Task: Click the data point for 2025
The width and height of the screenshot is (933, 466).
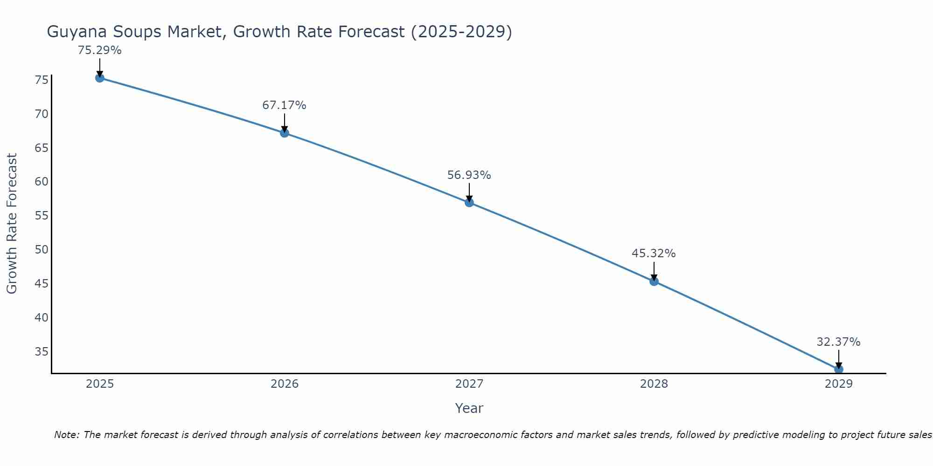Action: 100,78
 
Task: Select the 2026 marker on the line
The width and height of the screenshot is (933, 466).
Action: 285,133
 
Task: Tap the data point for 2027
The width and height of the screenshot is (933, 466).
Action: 469,202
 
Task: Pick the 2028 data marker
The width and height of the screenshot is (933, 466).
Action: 654,281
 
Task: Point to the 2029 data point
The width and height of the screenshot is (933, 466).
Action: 838,369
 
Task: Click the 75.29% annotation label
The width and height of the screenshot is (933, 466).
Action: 100,50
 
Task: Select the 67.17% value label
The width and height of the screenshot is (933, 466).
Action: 284,105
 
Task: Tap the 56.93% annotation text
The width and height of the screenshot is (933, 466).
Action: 469,175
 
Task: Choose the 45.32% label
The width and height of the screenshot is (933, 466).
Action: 654,254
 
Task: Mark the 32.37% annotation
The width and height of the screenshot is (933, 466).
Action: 838,342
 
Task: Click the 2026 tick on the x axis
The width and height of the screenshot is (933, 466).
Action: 285,384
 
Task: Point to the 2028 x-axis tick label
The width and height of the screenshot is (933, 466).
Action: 654,384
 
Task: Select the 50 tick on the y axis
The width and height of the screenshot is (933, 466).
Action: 42,250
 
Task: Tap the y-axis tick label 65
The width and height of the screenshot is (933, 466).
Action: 42,148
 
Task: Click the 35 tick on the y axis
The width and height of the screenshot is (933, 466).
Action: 42,351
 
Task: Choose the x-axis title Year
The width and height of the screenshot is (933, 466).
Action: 469,408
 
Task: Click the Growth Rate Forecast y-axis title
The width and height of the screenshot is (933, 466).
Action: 12,224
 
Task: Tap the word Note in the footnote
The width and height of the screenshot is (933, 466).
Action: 67,435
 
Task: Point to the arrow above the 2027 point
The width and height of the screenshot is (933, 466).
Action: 469,192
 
